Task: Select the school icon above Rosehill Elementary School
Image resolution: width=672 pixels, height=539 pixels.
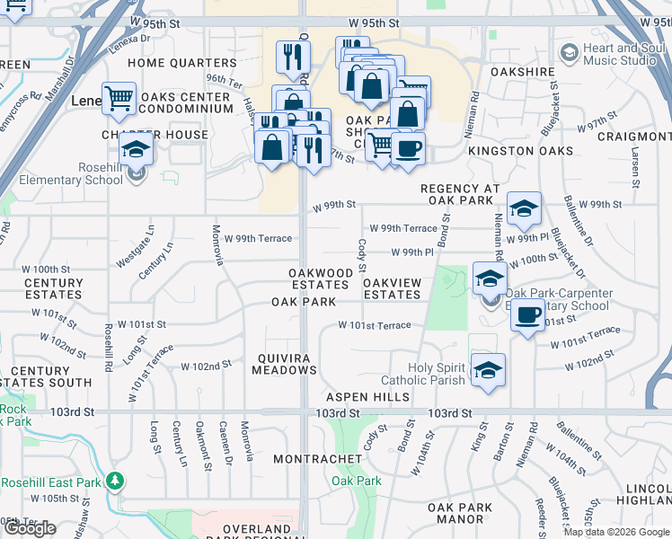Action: (136, 149)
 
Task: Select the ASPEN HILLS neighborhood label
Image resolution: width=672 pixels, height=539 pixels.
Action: (367, 397)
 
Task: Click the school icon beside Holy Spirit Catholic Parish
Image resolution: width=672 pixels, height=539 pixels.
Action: (487, 371)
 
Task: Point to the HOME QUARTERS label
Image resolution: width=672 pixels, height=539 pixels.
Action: (182, 64)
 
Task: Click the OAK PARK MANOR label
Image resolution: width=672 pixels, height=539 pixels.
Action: (460, 513)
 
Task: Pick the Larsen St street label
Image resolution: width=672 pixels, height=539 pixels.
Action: (633, 171)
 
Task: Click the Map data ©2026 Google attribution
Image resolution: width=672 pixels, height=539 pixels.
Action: (616, 532)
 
